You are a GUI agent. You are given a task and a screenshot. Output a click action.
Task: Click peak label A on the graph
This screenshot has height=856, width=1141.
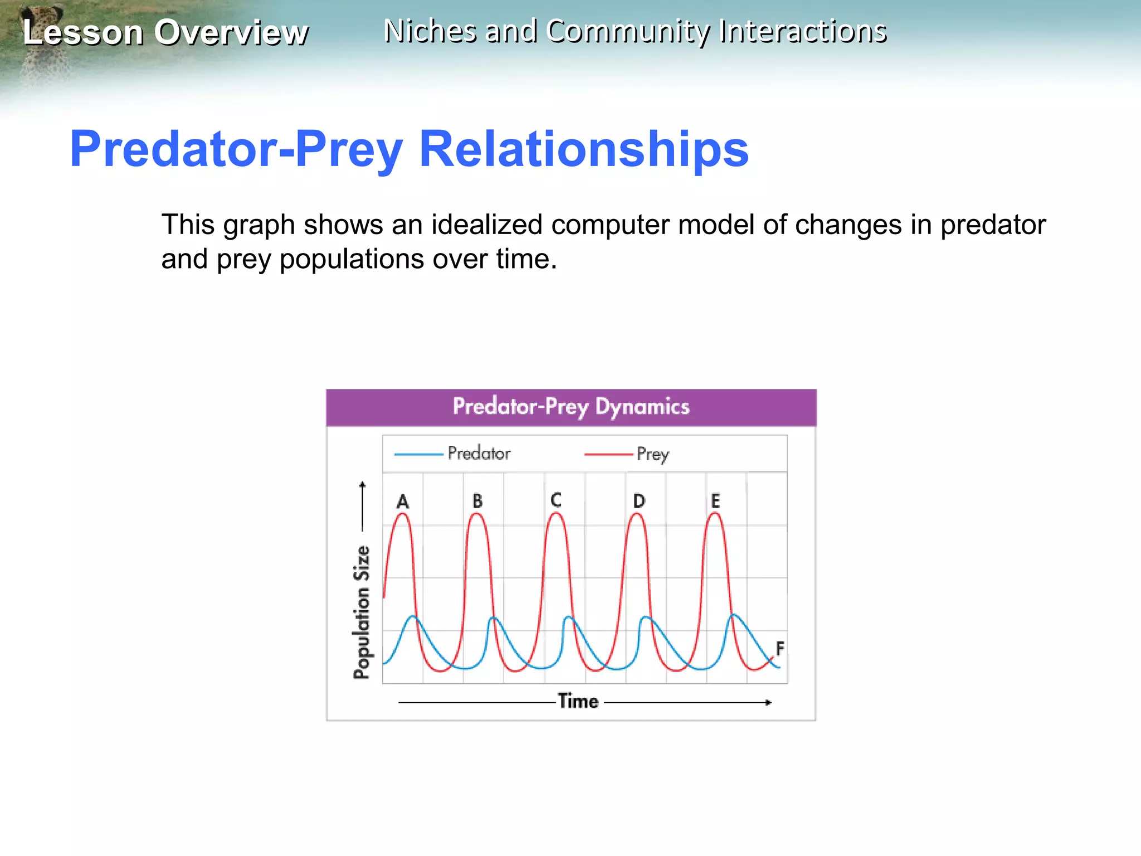click(403, 502)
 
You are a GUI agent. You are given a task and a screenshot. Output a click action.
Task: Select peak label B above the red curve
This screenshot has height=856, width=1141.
click(477, 501)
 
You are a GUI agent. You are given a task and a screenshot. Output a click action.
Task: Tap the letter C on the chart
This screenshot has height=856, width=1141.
click(555, 500)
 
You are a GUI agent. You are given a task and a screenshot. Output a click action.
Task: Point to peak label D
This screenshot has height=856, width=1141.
click(639, 501)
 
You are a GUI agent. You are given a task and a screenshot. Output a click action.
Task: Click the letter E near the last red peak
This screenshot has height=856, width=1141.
click(715, 501)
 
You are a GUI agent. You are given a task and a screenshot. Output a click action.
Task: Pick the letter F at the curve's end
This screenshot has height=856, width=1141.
click(780, 648)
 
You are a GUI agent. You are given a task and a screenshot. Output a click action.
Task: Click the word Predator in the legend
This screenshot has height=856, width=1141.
click(479, 453)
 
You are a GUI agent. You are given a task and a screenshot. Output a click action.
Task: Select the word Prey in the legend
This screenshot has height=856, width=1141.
click(652, 454)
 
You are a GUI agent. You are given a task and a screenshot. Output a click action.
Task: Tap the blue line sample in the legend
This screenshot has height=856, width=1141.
click(418, 455)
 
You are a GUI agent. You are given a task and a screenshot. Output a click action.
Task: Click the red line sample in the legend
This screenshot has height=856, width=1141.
click(608, 455)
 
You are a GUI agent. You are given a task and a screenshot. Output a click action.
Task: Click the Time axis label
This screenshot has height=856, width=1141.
click(578, 701)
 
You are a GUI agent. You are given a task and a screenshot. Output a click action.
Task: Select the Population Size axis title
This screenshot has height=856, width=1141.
click(362, 612)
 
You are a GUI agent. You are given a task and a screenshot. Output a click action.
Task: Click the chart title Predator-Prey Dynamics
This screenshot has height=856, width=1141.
click(570, 407)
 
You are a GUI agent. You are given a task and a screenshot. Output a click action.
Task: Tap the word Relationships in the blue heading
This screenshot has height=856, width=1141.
click(583, 149)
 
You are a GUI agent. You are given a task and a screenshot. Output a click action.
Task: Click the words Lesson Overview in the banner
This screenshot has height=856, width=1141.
click(165, 32)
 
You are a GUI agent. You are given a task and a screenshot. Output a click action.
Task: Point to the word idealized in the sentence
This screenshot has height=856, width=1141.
click(486, 225)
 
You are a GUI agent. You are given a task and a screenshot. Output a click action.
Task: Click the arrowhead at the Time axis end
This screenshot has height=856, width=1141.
click(769, 703)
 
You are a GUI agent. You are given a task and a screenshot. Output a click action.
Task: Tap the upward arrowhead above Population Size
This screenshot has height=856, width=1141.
click(363, 484)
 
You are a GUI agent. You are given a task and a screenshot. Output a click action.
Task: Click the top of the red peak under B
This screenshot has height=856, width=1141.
click(477, 514)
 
